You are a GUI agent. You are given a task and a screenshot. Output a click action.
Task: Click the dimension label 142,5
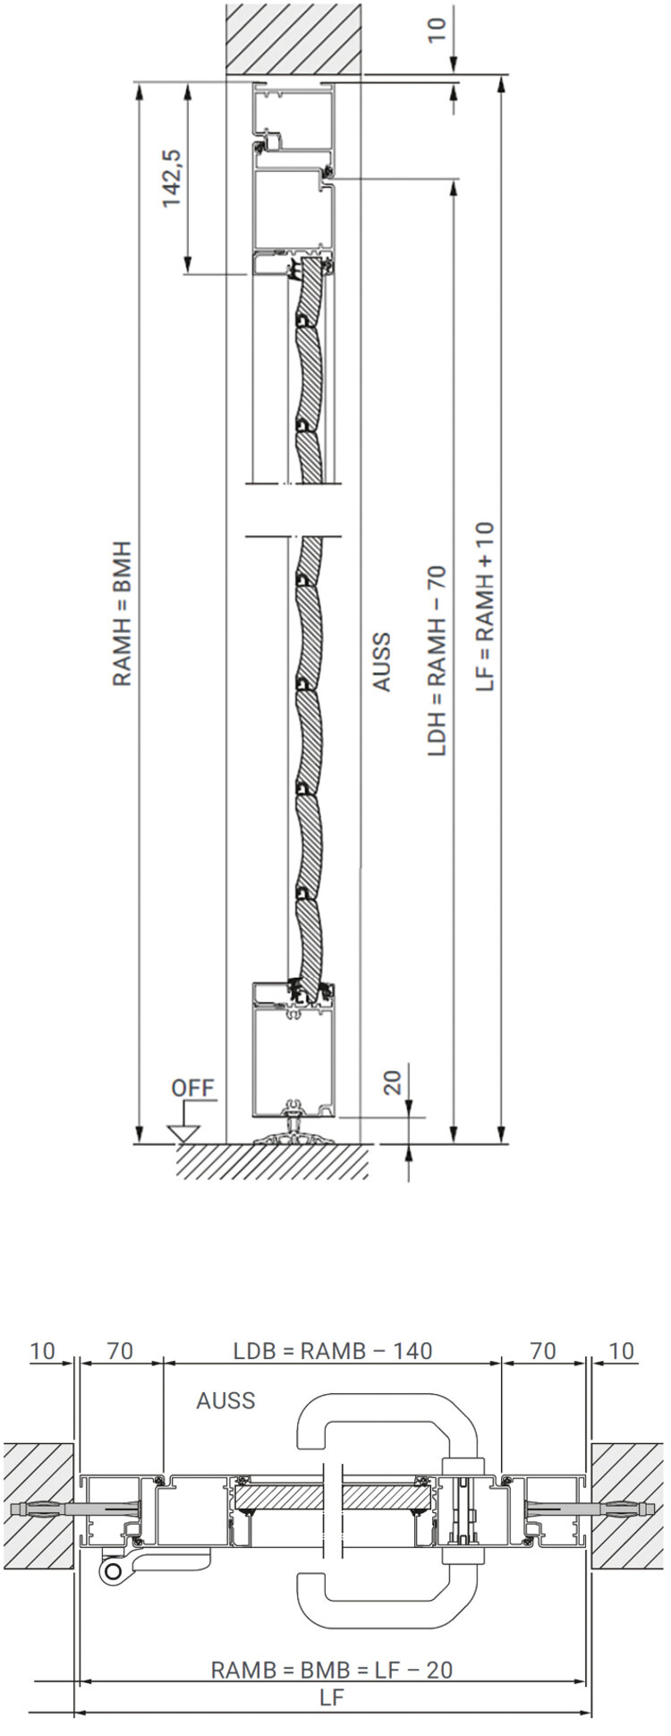(173, 176)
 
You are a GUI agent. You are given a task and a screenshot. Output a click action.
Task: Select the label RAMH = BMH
(122, 612)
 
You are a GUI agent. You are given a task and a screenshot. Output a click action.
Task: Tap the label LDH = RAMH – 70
(437, 660)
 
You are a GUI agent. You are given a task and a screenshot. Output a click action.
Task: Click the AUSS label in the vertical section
(382, 662)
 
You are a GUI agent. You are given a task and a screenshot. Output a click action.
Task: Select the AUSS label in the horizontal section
(225, 1399)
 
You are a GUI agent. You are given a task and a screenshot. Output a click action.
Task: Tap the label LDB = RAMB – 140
(333, 1350)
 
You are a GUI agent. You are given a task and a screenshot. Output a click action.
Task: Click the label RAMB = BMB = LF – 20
(332, 1669)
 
